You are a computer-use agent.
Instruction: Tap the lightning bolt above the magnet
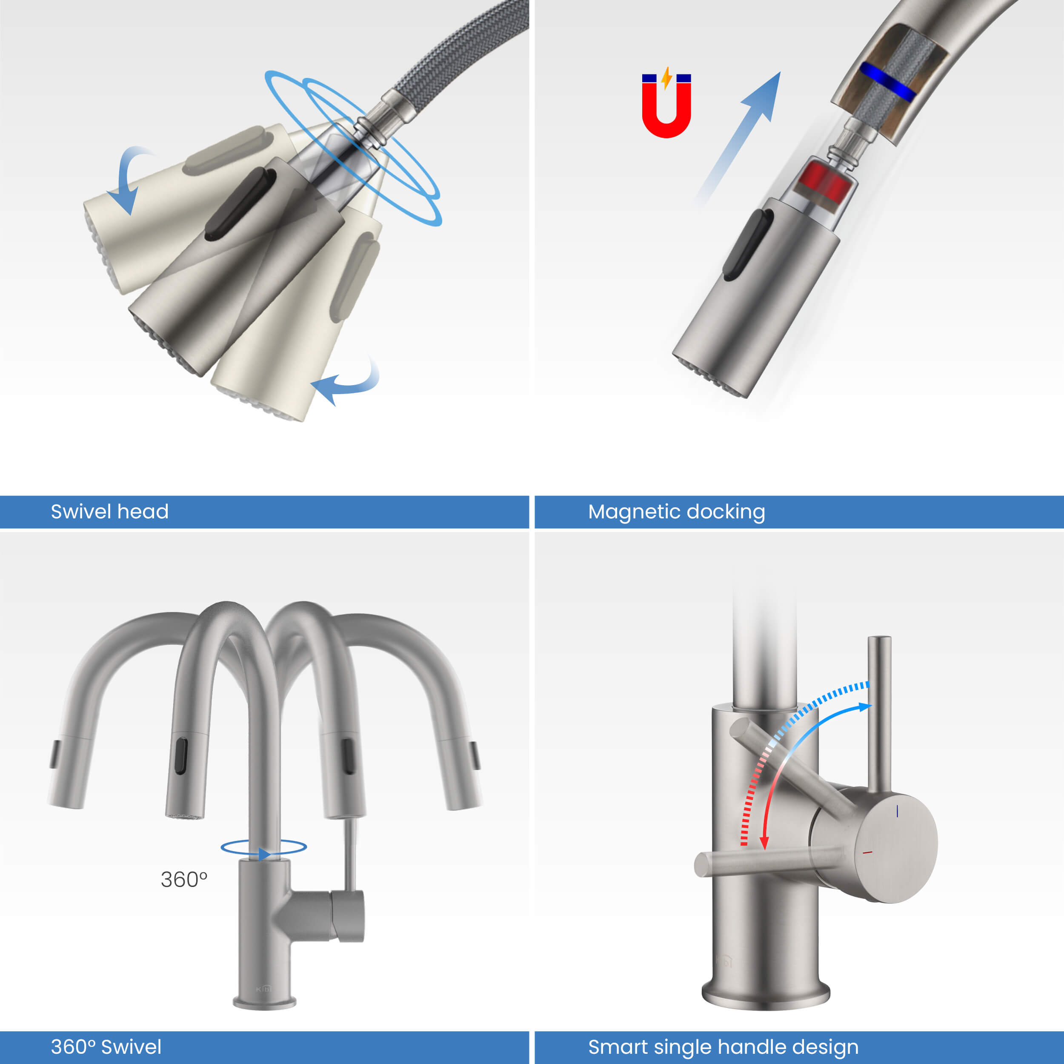[666, 78]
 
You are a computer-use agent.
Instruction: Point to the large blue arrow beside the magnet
[738, 137]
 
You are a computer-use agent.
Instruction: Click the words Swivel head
[110, 512]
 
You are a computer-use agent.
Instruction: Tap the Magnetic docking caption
[676, 512]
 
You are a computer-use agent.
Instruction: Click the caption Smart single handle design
[723, 1047]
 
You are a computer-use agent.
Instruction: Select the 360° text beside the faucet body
[184, 880]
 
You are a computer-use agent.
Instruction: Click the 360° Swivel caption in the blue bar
[106, 1047]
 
